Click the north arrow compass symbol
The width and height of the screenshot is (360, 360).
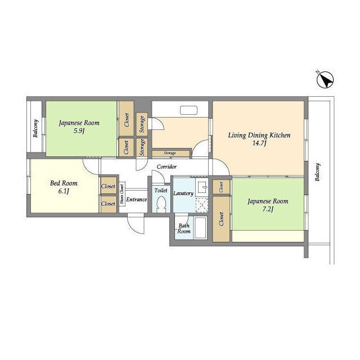click(325, 80)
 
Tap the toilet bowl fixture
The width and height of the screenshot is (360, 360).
click(162, 204)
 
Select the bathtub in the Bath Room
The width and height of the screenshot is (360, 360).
click(200, 227)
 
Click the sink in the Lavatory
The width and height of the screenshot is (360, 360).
click(202, 187)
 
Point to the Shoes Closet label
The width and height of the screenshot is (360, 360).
click(121, 194)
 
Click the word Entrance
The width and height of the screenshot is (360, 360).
click(137, 200)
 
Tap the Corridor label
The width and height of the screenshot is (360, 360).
click(166, 166)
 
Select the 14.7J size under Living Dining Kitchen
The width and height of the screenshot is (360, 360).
click(259, 143)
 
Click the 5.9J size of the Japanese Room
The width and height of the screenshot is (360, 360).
click(79, 131)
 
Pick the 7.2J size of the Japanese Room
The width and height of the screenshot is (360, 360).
click(268, 209)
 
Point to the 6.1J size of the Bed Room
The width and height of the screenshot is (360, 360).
click(64, 191)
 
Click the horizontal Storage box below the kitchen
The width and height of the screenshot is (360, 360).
click(170, 153)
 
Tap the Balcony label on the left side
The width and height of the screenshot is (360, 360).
click(35, 128)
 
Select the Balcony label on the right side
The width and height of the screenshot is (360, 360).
click(317, 172)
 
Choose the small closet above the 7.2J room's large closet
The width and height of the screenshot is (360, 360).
click(221, 187)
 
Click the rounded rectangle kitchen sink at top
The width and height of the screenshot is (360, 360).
click(189, 110)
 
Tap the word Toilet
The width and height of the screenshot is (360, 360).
click(161, 190)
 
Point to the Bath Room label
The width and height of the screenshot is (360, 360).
click(184, 228)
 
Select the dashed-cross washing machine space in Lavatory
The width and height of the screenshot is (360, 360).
click(202, 204)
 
